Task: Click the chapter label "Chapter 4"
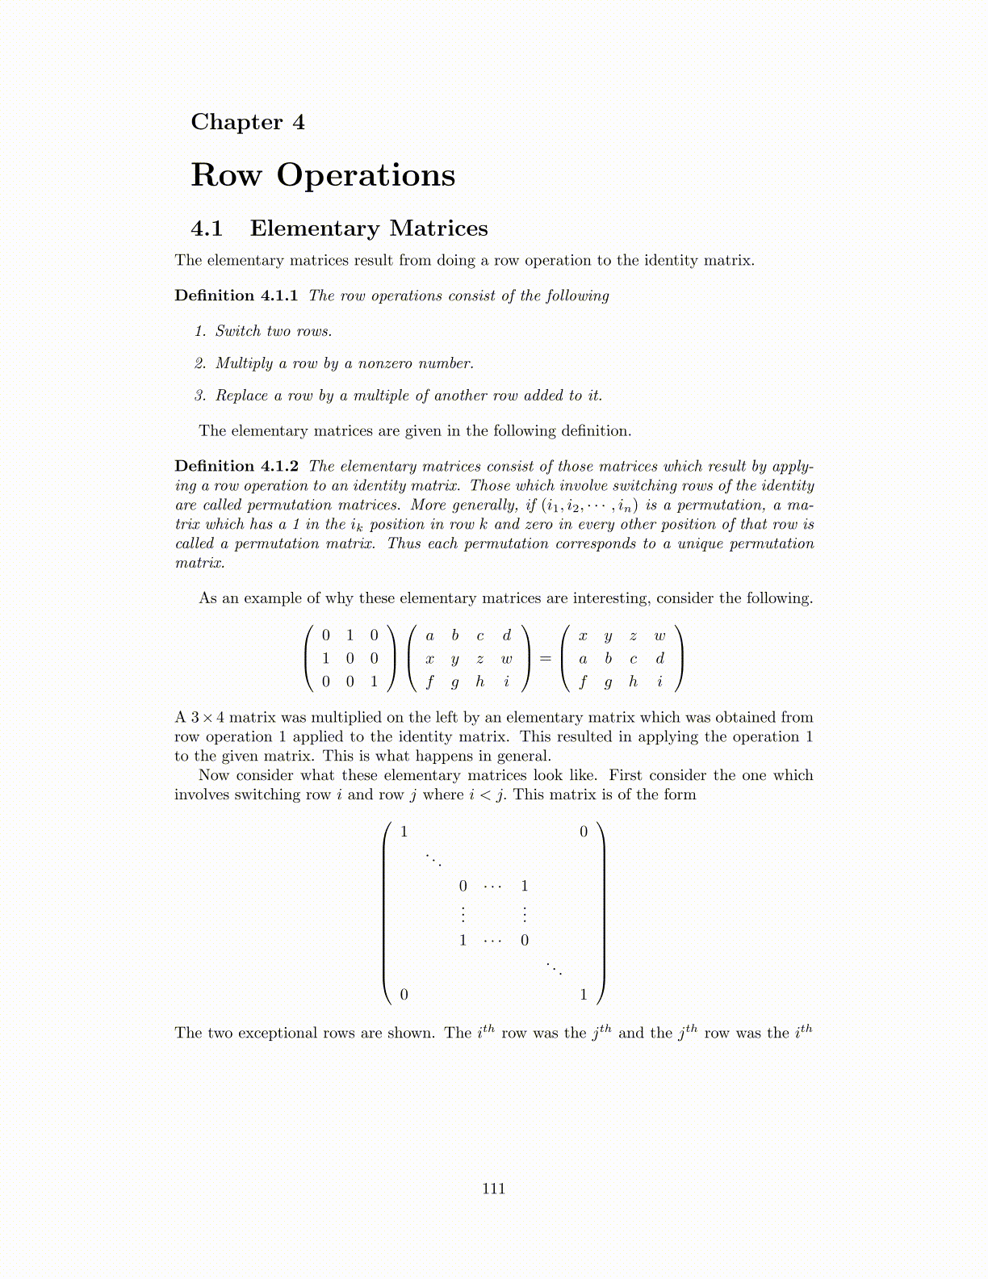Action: pos(248,122)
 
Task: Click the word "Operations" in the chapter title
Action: pos(366,175)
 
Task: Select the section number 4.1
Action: pos(207,229)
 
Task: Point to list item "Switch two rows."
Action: pos(273,331)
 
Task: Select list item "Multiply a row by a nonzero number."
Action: pos(344,363)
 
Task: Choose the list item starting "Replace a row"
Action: pos(408,396)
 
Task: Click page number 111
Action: pos(493,1188)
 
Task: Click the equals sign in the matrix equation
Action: pos(545,659)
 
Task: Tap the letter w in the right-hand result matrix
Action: pos(659,636)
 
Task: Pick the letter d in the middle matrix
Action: pos(506,636)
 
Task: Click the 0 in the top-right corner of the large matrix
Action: pos(584,832)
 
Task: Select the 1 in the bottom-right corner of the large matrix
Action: pos(584,995)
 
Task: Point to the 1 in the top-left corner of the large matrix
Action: pos(404,832)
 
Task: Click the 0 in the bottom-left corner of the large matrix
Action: pos(404,995)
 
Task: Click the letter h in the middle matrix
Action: pos(480,681)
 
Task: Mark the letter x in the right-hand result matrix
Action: pos(583,636)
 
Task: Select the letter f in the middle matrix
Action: pos(429,682)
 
